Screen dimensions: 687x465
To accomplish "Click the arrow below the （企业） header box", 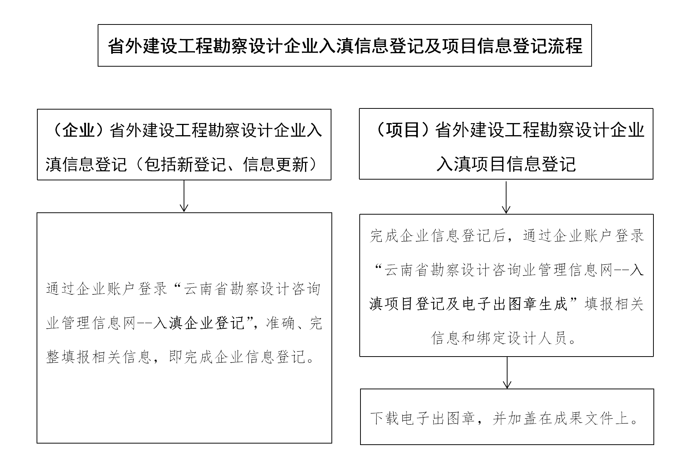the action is (x=184, y=196).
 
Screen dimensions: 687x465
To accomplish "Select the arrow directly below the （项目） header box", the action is (x=506, y=197).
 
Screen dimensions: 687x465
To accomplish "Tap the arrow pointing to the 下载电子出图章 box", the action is (x=507, y=373).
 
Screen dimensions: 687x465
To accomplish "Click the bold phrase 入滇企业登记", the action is (x=199, y=323).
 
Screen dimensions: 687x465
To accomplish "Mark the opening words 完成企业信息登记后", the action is (x=437, y=236).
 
